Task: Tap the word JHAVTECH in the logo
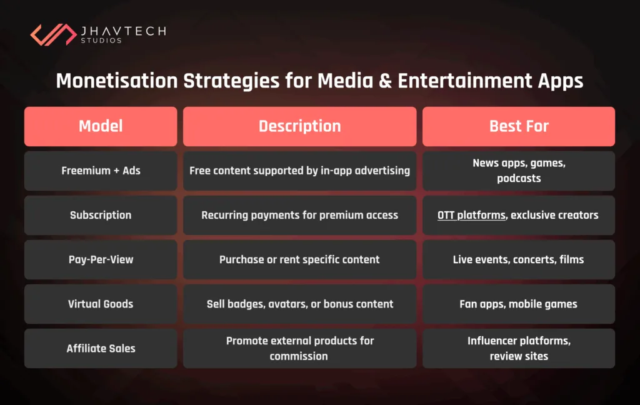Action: click(122, 30)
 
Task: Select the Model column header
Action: click(101, 126)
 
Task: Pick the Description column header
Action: click(299, 126)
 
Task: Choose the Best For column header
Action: click(518, 126)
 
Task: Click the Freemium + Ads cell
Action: click(101, 171)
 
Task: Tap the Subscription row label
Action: click(101, 215)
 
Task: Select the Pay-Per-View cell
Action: click(101, 259)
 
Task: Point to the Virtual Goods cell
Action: click(101, 304)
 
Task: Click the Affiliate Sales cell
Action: click(101, 348)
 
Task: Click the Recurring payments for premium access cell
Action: click(299, 215)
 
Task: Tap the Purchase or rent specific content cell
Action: click(299, 259)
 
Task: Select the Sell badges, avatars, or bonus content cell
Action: click(299, 304)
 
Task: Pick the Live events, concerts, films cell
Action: click(518, 259)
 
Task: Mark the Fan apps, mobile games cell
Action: click(518, 304)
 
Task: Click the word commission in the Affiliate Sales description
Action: click(299, 356)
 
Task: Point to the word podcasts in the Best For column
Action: click(519, 178)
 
